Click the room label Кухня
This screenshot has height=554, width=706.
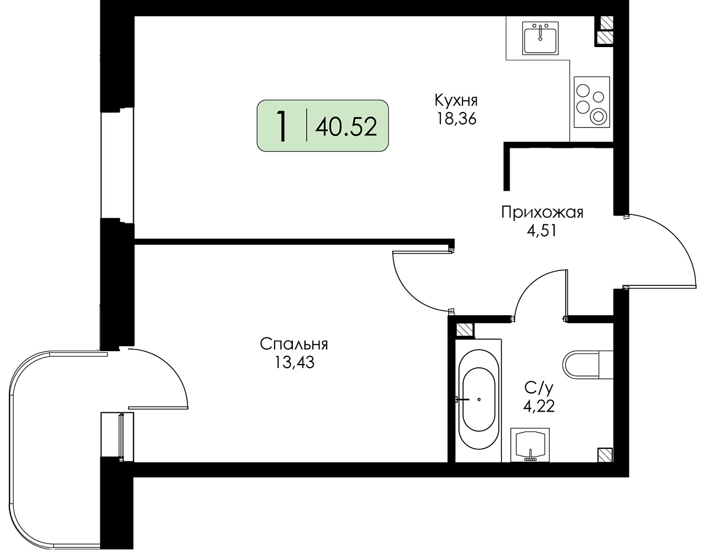[456, 100]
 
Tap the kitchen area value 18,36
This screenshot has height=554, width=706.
[456, 119]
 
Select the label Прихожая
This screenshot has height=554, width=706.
[542, 213]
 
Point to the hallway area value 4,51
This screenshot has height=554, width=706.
[542, 231]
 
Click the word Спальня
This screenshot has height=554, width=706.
[294, 344]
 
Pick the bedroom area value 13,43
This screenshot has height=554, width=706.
[294, 362]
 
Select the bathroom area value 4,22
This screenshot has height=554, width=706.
[539, 406]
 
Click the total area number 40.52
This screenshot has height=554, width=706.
[346, 126]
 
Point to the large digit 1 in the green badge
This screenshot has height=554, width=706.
[282, 126]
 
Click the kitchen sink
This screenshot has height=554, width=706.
[540, 38]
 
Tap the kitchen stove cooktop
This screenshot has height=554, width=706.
[592, 102]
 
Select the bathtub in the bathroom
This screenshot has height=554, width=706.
[479, 401]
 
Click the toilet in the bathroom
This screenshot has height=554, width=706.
[588, 365]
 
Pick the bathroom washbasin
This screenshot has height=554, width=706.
[530, 445]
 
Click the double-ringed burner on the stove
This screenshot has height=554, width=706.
[598, 116]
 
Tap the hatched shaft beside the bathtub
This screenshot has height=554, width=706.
[464, 330]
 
